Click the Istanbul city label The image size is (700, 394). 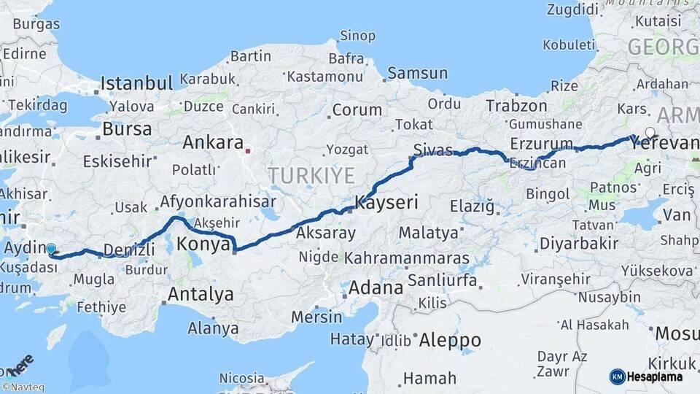tap(136, 82)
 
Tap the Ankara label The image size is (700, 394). tap(212, 142)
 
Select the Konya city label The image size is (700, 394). tap(204, 244)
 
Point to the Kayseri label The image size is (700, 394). tap(386, 203)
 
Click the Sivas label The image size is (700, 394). tap(428, 150)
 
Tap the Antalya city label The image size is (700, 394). tap(201, 294)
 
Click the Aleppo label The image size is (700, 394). tap(450, 340)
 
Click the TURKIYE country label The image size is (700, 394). tap(311, 175)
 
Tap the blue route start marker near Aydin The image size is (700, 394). tap(51, 249)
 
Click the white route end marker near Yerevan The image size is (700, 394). tap(650, 133)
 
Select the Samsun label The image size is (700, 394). tap(417, 73)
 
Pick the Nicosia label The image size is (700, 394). tap(241, 378)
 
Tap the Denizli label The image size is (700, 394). tap(129, 250)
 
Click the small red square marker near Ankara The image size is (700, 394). tap(249, 152)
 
